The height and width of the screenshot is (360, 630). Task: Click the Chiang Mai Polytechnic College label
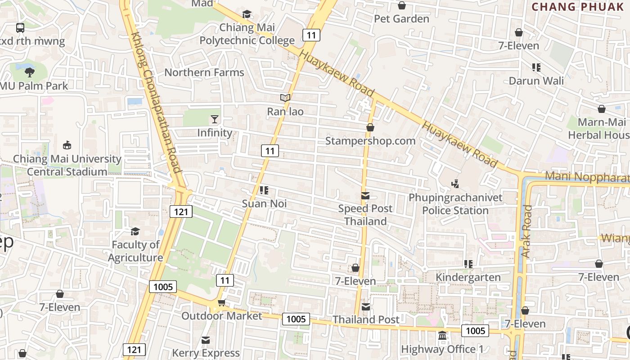pyautogui.click(x=247, y=34)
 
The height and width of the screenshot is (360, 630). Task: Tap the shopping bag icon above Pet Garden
pyautogui.click(x=402, y=5)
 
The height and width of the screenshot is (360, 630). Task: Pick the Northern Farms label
pyautogui.click(x=204, y=72)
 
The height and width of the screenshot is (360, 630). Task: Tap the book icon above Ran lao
pyautogui.click(x=285, y=98)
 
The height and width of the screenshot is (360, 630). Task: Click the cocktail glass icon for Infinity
pyautogui.click(x=215, y=119)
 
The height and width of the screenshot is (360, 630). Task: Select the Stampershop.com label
pyautogui.click(x=370, y=141)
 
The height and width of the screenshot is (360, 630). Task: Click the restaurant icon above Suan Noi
pyautogui.click(x=264, y=190)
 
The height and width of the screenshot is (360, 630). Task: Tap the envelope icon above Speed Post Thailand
pyautogui.click(x=365, y=196)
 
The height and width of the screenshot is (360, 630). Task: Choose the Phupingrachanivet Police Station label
pyautogui.click(x=455, y=204)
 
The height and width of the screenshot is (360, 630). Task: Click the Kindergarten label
pyautogui.click(x=468, y=277)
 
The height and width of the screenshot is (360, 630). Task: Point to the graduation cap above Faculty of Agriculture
pyautogui.click(x=135, y=231)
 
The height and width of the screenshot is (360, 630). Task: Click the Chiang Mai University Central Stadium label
pyautogui.click(x=67, y=165)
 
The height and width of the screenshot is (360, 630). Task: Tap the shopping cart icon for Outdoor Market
pyautogui.click(x=221, y=303)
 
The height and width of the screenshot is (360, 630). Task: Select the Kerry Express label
pyautogui.click(x=206, y=353)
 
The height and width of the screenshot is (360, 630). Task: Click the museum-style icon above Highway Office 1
pyautogui.click(x=442, y=336)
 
